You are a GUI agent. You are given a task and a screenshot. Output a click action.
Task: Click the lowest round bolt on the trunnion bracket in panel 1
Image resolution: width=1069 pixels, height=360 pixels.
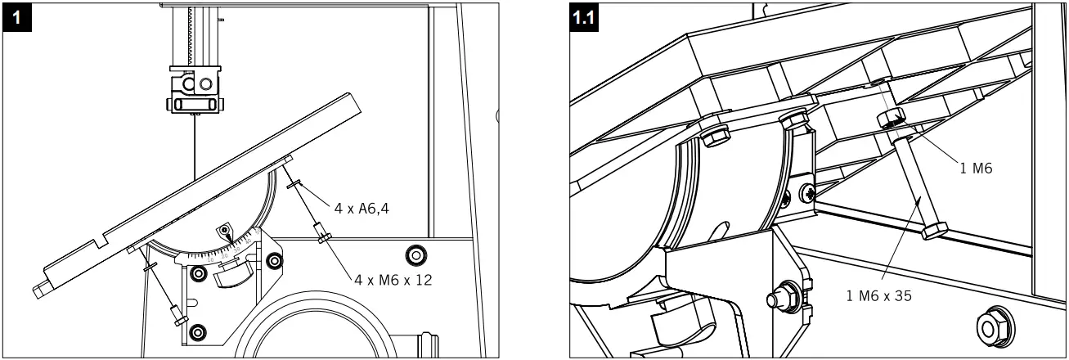(196, 332)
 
